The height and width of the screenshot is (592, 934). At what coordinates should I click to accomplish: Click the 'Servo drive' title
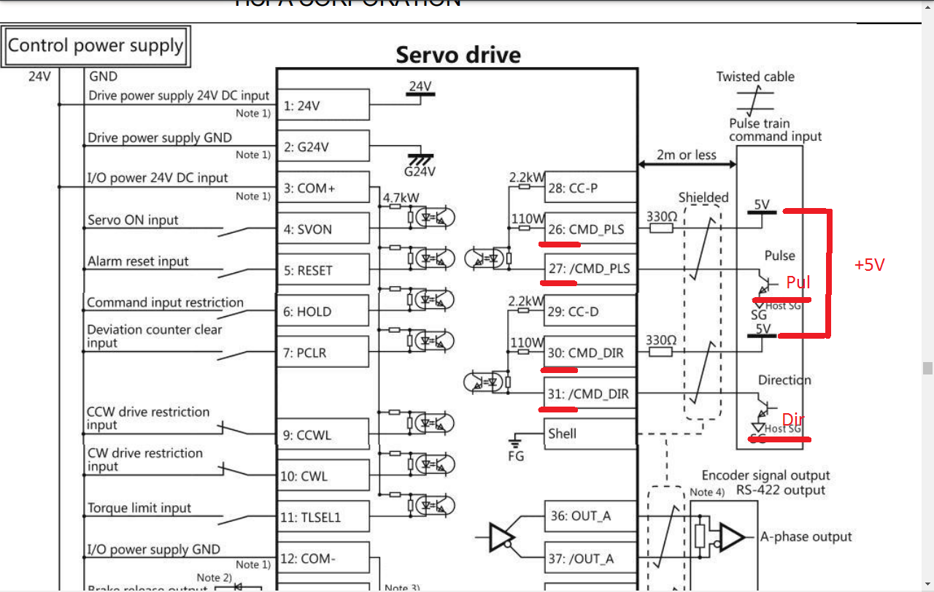click(x=458, y=55)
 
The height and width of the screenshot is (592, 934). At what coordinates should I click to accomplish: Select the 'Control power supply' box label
click(x=96, y=46)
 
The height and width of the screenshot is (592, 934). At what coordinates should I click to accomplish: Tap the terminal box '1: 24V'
click(x=323, y=106)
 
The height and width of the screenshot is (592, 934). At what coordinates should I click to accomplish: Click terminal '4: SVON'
click(x=323, y=229)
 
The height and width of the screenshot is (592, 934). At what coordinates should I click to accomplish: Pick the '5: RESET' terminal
click(x=323, y=271)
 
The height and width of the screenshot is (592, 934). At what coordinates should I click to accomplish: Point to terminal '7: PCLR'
click(x=323, y=353)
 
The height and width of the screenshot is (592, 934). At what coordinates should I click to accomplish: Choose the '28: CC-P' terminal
click(x=590, y=188)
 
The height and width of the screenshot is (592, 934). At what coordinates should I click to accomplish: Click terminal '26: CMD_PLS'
click(x=590, y=229)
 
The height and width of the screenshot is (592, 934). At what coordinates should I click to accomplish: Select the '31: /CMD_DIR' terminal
click(x=590, y=395)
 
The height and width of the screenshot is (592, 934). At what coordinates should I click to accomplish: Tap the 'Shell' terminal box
click(x=590, y=434)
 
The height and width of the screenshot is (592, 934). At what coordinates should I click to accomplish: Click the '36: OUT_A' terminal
click(x=590, y=516)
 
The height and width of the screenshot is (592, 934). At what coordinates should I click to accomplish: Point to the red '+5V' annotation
click(x=869, y=265)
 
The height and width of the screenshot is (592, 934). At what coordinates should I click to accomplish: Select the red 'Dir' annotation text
click(x=793, y=420)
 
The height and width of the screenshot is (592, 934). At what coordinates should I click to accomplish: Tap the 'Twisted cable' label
click(x=755, y=77)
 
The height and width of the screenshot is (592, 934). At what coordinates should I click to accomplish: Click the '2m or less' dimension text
click(x=686, y=155)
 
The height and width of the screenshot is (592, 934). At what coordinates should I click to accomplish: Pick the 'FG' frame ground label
click(x=517, y=456)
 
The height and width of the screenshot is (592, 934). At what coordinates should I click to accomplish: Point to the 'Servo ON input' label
click(x=133, y=220)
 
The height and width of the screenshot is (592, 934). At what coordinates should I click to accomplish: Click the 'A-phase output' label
click(x=806, y=537)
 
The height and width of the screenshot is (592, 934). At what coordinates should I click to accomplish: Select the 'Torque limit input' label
click(x=139, y=508)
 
